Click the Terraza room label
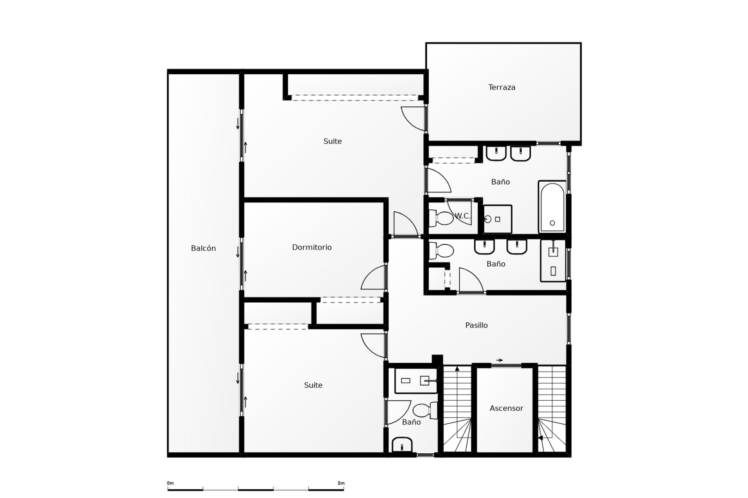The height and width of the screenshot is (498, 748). click(x=502, y=87)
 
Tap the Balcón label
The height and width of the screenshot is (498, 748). click(x=203, y=248)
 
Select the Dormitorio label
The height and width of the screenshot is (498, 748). click(x=312, y=247)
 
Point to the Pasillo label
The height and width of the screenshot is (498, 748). click(x=476, y=325)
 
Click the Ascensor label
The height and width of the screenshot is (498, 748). click(x=506, y=408)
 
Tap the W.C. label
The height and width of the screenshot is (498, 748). click(x=463, y=216)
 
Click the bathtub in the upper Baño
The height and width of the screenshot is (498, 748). click(x=552, y=207)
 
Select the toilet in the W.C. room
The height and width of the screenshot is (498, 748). click(x=441, y=218)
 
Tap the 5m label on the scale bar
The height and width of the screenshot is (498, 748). click(x=341, y=483)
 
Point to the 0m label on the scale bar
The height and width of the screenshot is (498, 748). click(x=171, y=483)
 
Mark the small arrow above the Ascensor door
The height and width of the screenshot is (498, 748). click(x=499, y=360)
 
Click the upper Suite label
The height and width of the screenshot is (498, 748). click(x=333, y=141)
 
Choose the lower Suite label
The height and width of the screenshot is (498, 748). click(x=313, y=385)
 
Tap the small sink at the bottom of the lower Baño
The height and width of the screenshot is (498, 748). click(x=402, y=445)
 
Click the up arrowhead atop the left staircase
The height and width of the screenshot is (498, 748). click(x=457, y=368)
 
